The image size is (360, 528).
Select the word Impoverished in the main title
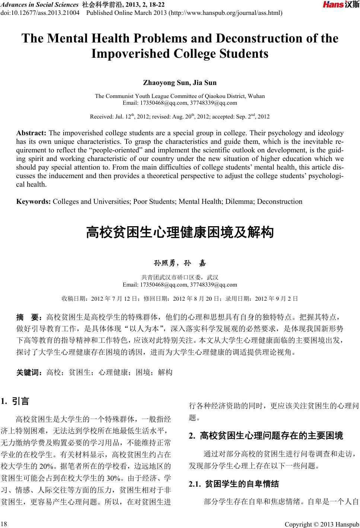(x=130, y=54)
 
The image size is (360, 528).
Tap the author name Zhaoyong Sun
(x=162, y=82)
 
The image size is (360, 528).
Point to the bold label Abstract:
(x=31, y=133)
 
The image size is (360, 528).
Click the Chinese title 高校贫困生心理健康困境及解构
(x=180, y=233)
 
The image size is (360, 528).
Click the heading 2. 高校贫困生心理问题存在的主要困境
(x=266, y=435)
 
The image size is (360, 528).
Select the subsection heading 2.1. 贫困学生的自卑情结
(x=234, y=484)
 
